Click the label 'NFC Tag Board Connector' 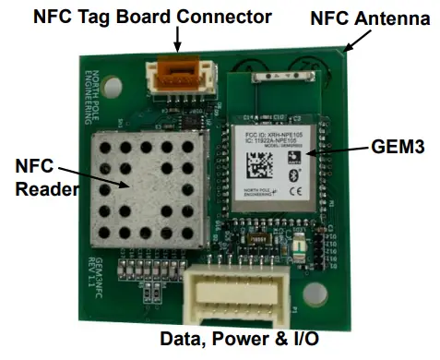152,16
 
